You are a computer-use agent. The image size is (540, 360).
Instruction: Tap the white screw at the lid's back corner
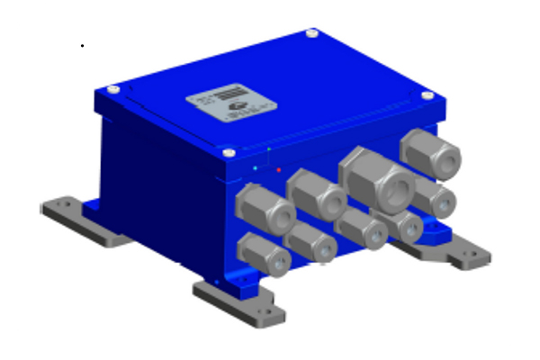pyautogui.click(x=311, y=33)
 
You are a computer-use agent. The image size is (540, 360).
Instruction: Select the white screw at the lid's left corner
pyautogui.click(x=112, y=89)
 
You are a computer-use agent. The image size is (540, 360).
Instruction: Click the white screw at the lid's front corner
pyautogui.click(x=229, y=153)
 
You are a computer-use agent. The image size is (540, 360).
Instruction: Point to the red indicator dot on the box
pyautogui.click(x=279, y=169)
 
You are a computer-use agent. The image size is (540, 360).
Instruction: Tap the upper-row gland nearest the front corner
pyautogui.click(x=265, y=210)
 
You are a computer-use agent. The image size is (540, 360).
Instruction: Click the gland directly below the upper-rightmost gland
pyautogui.click(x=435, y=199)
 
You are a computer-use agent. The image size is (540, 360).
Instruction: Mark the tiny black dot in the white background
pyautogui.click(x=83, y=45)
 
